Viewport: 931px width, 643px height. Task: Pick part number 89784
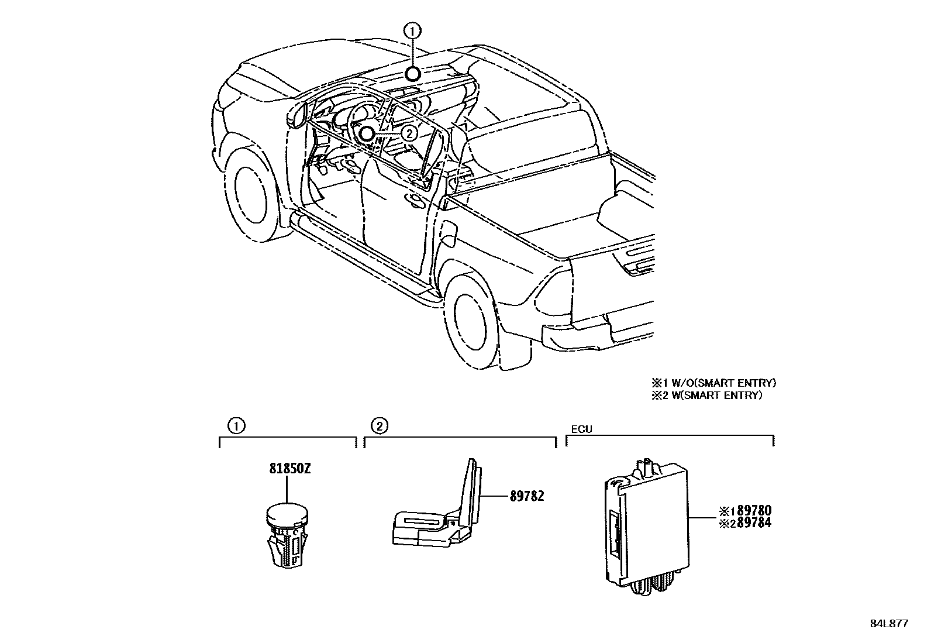754,523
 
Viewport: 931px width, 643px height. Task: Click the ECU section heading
581,429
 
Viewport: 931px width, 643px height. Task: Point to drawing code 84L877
888,624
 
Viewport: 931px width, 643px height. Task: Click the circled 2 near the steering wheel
409,133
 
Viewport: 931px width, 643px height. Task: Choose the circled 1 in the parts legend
236,426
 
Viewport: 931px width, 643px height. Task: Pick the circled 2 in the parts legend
380,426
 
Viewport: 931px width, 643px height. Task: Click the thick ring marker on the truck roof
413,74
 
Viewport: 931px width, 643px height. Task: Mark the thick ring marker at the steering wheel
366,133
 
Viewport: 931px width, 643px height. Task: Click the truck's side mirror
298,116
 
